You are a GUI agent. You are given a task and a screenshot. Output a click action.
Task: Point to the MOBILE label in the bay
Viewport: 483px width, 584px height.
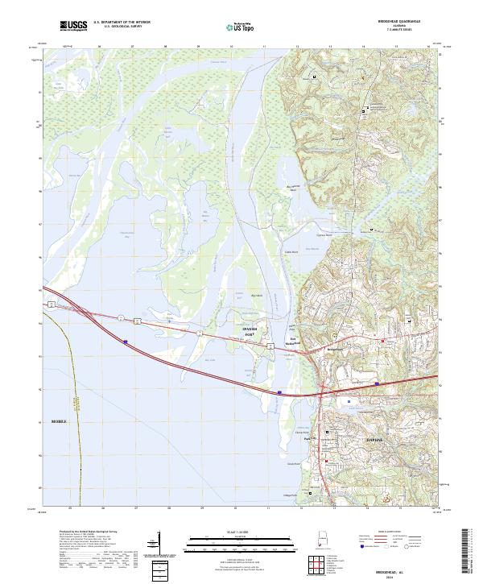[61, 421]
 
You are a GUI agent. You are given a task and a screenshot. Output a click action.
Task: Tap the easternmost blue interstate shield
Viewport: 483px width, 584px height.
[377, 385]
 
